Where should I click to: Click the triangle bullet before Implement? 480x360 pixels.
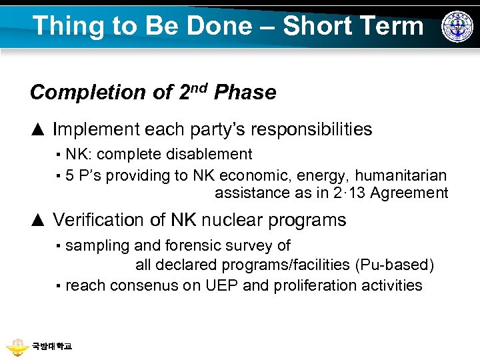pyautogui.click(x=37, y=129)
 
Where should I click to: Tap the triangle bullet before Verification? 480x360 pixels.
pyautogui.click(x=37, y=220)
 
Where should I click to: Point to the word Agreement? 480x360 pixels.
pyautogui.click(x=409, y=193)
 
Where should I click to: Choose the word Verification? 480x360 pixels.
pyautogui.click(x=101, y=220)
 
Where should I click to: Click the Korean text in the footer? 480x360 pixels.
pyautogui.click(x=51, y=347)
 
